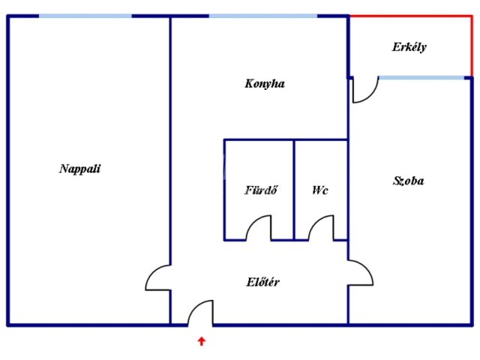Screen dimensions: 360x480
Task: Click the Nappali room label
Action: coord(79,169)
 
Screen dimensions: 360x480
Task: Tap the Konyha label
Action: coord(265,84)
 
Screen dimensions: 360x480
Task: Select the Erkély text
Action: coord(409,47)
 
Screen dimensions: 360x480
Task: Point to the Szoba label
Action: coord(409,181)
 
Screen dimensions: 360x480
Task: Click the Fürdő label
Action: coord(262,190)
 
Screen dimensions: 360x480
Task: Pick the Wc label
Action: coord(320,190)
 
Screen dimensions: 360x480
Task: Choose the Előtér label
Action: coord(263,283)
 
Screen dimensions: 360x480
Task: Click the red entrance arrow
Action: coord(201,342)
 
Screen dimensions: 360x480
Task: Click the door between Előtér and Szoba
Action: coord(361,272)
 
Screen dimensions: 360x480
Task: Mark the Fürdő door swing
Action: coord(259,227)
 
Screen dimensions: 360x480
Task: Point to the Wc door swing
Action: coord(320,227)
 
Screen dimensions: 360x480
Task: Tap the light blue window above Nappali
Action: coord(84,16)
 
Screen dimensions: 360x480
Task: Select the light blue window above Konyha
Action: coord(262,16)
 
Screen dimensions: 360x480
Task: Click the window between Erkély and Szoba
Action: coord(424,77)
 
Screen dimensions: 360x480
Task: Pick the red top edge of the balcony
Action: coord(410,16)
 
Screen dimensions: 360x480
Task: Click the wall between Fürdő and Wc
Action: coord(294,189)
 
